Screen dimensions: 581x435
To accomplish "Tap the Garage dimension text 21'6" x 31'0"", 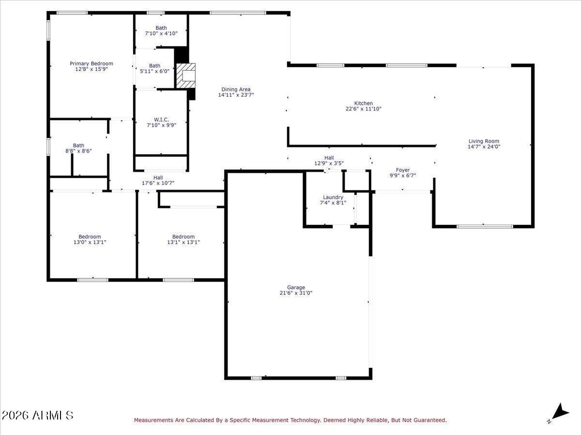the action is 296,293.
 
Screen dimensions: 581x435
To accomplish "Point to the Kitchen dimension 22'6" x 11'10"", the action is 364,109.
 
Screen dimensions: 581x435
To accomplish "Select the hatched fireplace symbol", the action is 186,75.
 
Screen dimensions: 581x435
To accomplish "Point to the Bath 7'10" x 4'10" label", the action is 161,30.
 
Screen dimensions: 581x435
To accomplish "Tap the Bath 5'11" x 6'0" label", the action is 154,69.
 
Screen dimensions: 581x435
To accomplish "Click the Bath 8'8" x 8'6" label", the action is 78,148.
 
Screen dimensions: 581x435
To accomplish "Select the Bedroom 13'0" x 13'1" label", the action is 90,239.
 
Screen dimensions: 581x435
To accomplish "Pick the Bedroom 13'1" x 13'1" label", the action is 183,239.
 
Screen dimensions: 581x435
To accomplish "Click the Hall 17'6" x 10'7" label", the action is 158,180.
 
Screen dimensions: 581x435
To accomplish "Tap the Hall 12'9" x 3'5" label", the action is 329,160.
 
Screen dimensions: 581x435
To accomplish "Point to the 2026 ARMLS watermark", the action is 37,416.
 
